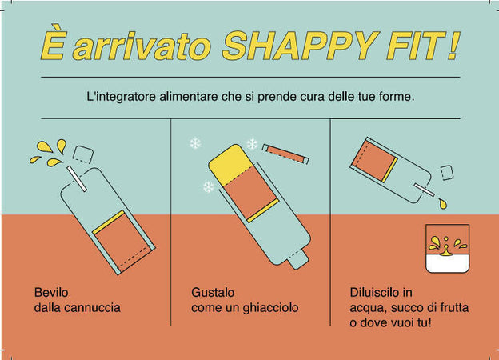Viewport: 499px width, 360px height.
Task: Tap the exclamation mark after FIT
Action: tap(453, 46)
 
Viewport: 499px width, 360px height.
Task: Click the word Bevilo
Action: tap(51, 292)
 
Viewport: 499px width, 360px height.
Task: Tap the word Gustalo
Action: tap(213, 292)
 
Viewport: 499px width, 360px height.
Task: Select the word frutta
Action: tap(454, 308)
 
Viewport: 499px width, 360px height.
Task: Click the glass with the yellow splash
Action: tap(448, 248)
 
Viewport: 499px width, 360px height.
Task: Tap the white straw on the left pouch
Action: tap(77, 178)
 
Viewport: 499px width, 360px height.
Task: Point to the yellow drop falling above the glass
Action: tap(443, 203)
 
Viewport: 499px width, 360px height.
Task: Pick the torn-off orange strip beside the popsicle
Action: tap(285, 154)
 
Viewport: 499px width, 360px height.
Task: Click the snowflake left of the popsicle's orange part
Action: tap(209, 187)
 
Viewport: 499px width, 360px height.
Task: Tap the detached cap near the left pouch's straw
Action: tap(82, 154)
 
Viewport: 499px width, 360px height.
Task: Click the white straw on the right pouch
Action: tap(424, 190)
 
